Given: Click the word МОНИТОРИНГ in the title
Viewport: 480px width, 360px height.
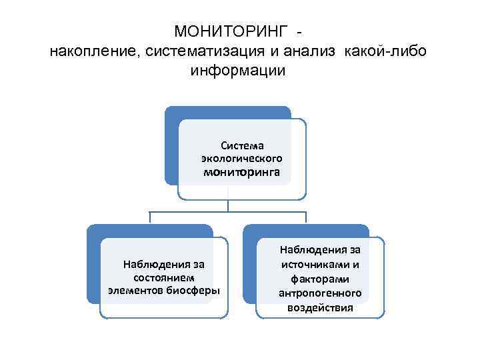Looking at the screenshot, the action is click(231, 31).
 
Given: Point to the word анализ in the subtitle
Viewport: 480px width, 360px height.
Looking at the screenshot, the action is click(313, 51).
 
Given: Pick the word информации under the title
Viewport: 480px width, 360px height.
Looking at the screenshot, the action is click(238, 71).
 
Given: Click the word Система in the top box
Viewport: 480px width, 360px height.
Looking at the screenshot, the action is click(242, 145).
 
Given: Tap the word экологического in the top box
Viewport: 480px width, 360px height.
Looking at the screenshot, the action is click(242, 159).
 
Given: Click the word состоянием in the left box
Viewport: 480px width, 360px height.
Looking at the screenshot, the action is click(163, 277).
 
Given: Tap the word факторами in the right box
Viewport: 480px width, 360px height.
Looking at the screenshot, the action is click(320, 279).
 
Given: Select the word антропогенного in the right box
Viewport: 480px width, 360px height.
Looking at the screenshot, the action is click(320, 293).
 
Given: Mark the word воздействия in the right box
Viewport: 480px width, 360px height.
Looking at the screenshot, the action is click(320, 308).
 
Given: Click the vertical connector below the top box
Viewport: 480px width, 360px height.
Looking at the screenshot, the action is click(228, 205).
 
